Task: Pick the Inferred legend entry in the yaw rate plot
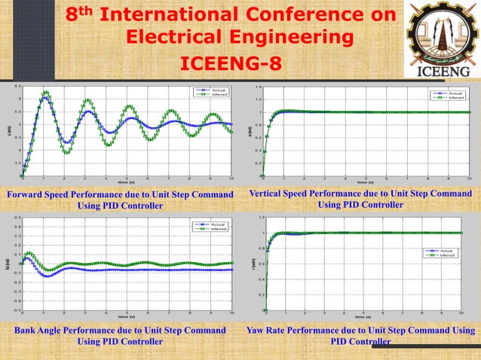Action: pyautogui.click(x=447, y=255)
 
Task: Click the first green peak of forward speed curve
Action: pyautogui.click(x=46, y=92)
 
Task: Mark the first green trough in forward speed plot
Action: pyautogui.click(x=66, y=153)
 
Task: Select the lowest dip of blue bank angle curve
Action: pyautogui.click(x=47, y=276)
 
